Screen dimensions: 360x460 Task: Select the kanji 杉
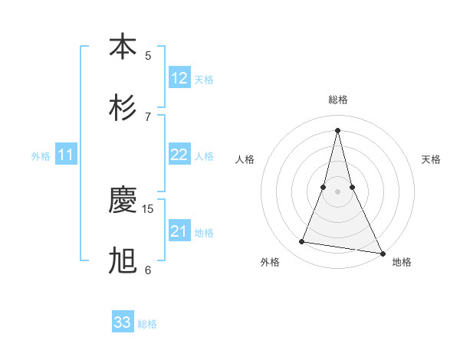click(x=123, y=108)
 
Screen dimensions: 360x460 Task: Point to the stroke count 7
click(x=148, y=116)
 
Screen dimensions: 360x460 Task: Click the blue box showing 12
click(x=179, y=78)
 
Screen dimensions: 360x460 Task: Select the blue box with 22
click(x=179, y=155)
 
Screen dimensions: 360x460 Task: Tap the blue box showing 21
click(x=179, y=231)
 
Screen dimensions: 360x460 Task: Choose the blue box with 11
click(x=66, y=155)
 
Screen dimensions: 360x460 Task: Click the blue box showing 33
click(x=123, y=322)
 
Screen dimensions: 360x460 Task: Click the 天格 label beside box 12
click(x=204, y=80)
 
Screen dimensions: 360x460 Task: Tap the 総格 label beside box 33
click(x=147, y=324)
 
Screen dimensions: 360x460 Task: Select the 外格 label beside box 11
click(x=41, y=156)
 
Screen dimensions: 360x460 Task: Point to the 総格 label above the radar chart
click(x=337, y=100)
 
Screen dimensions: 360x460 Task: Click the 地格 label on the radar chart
click(x=402, y=262)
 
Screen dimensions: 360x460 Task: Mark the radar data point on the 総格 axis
click(x=337, y=129)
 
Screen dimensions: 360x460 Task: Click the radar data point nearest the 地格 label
click(x=382, y=253)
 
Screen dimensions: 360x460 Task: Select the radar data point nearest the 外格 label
click(x=301, y=242)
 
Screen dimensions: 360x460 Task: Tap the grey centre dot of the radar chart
click(x=337, y=191)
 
